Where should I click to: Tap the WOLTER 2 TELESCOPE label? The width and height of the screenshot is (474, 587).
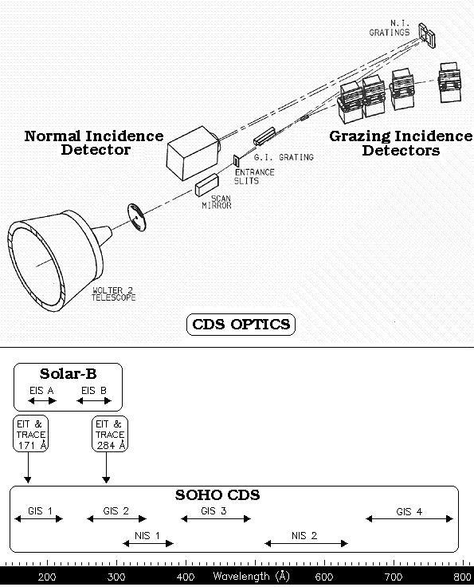click(x=114, y=293)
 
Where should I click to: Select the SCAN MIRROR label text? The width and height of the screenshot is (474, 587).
click(x=217, y=202)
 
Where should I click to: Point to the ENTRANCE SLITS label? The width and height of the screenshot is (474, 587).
click(x=254, y=176)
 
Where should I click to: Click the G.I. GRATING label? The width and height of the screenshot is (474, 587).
click(x=284, y=157)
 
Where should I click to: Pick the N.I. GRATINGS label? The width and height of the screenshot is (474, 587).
click(x=390, y=28)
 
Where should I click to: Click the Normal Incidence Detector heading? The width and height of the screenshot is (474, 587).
click(x=94, y=143)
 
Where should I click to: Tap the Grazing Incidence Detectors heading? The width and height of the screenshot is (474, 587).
click(x=401, y=143)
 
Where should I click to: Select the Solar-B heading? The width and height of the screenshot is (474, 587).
click(x=68, y=373)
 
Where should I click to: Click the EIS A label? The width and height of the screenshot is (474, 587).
click(x=41, y=391)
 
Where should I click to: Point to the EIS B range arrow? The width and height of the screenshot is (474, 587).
click(x=94, y=401)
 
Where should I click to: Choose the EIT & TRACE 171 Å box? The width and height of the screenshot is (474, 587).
click(x=30, y=434)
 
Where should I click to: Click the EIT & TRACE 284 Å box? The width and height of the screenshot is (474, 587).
click(x=110, y=434)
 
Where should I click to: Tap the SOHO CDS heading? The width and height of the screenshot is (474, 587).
click(x=217, y=495)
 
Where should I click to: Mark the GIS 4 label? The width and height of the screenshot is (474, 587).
click(x=409, y=511)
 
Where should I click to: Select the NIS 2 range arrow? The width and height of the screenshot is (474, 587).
click(x=306, y=543)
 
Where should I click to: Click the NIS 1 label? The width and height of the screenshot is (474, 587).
click(x=147, y=536)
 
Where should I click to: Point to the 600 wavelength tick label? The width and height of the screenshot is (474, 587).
click(x=324, y=577)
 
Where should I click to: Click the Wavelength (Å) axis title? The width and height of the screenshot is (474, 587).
click(x=251, y=576)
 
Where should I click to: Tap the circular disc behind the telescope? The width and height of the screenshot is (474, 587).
click(x=137, y=217)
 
